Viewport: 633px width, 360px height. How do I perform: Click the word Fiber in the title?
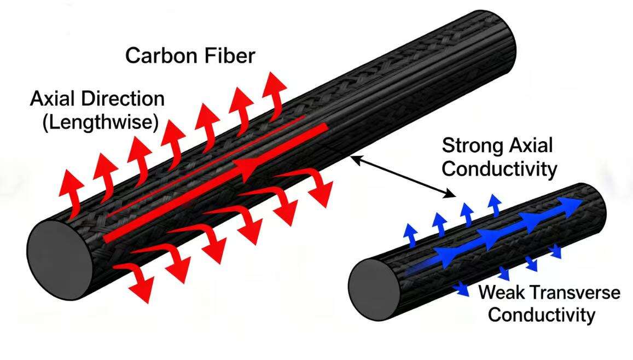[229, 55]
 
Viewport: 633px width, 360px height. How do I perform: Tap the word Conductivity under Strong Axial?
[499, 169]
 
